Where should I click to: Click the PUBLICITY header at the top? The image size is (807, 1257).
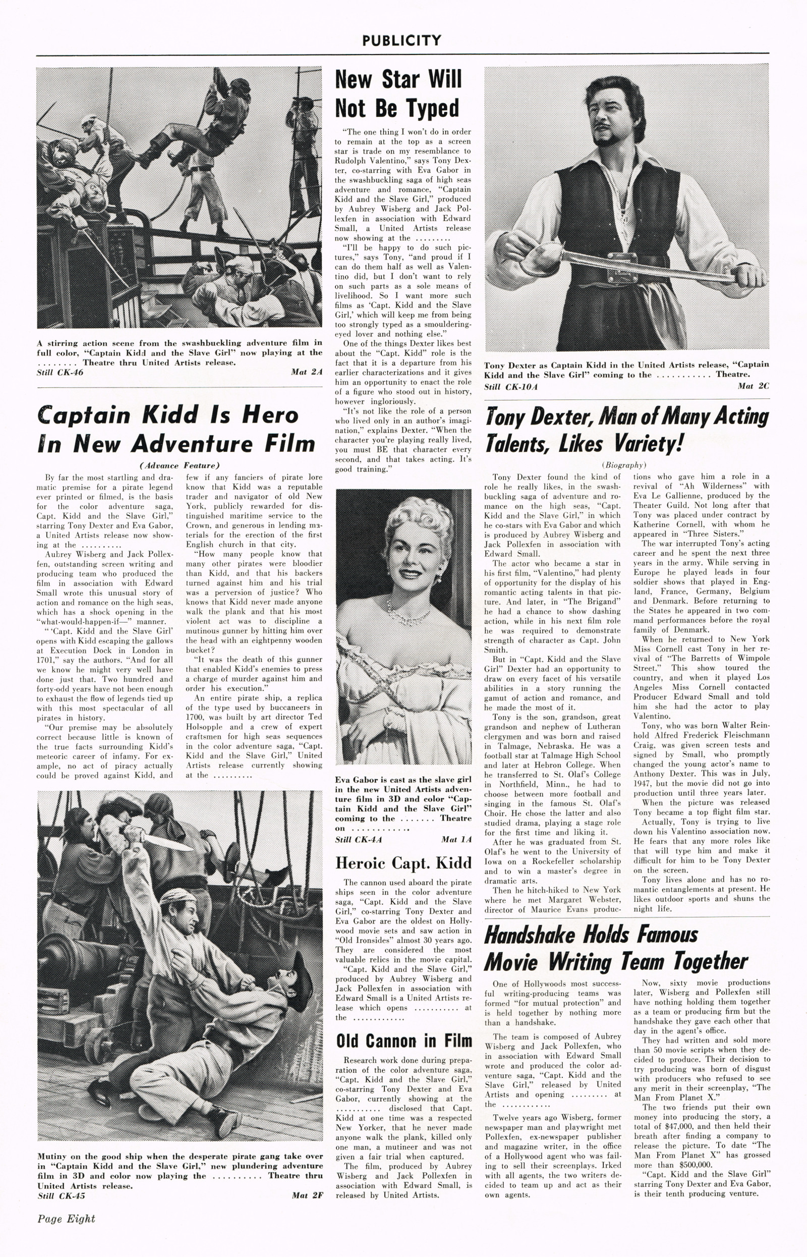click(x=401, y=40)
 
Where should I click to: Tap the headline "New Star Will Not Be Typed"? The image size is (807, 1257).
click(x=398, y=94)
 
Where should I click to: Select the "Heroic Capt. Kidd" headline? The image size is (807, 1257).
click(x=403, y=863)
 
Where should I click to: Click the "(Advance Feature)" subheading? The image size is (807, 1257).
click(x=179, y=465)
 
